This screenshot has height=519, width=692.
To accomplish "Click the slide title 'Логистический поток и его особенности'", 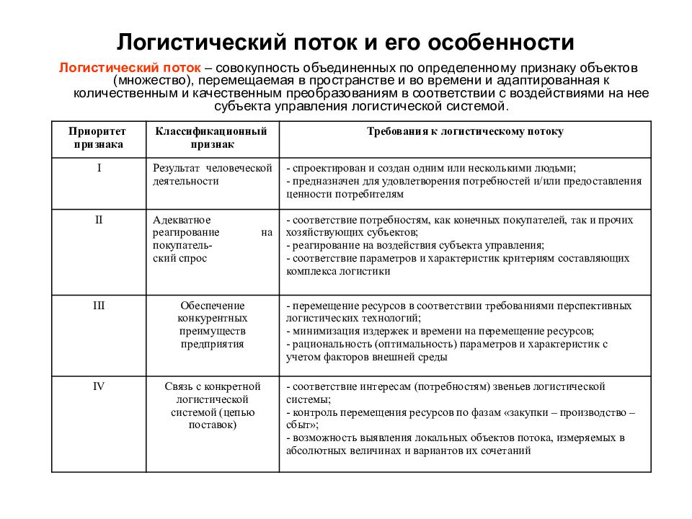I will pyautogui.click(x=346, y=41).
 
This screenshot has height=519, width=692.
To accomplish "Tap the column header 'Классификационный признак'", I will pyautogui.click(x=212, y=138).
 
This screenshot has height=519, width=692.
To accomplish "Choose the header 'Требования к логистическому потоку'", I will pyautogui.click(x=465, y=132).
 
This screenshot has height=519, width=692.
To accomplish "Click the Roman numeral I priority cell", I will pyautogui.click(x=99, y=168).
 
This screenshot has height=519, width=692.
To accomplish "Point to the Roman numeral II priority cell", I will pyautogui.click(x=99, y=219).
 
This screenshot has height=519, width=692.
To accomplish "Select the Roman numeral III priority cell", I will pyautogui.click(x=99, y=306).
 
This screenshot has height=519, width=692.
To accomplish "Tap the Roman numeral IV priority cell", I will pyautogui.click(x=99, y=386).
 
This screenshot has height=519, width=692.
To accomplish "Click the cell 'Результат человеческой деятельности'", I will pyautogui.click(x=212, y=174).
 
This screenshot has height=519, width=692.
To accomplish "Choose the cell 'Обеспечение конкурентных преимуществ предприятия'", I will pyautogui.click(x=212, y=325).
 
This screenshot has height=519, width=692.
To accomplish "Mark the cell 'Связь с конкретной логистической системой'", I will pyautogui.click(x=212, y=406).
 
